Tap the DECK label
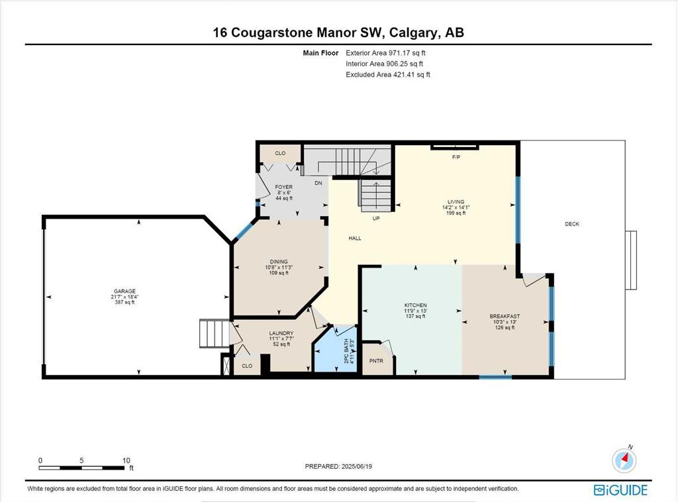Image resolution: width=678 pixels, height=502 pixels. [572, 224]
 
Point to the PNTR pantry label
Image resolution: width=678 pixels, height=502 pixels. [376, 361]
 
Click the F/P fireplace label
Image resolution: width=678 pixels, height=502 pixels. [456, 157]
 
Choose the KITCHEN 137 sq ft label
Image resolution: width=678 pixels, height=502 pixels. [416, 311]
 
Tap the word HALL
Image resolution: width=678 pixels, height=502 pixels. [355, 238]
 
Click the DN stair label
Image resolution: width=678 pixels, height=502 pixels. [318, 183]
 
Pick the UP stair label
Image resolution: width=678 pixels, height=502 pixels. [376, 219]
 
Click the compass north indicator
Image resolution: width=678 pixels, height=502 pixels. [624, 460]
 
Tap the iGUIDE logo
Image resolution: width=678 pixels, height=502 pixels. [620, 490]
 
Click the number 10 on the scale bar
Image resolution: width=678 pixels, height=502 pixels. [126, 460]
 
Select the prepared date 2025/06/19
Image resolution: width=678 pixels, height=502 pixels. [357, 466]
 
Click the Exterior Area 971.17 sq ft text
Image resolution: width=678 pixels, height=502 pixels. [386, 53]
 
